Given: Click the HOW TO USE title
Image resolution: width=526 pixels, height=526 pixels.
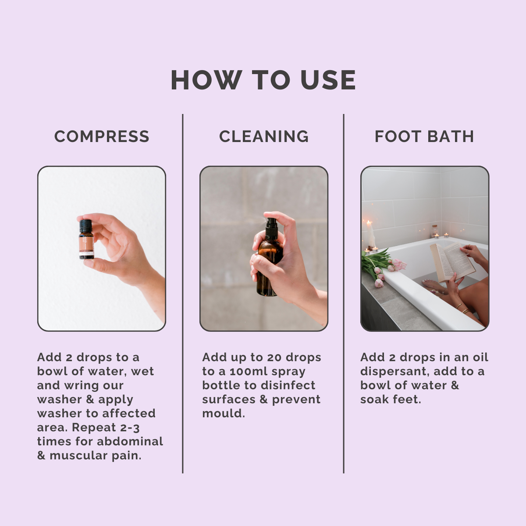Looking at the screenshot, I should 263,80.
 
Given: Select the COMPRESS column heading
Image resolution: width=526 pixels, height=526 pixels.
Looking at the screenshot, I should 102,136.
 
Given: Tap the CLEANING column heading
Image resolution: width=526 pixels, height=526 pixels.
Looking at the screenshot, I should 263,136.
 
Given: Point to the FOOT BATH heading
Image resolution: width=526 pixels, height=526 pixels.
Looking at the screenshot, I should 424,136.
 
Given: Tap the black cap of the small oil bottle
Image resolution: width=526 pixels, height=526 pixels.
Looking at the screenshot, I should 86,226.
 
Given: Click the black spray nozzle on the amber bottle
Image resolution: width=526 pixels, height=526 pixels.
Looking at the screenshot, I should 272,226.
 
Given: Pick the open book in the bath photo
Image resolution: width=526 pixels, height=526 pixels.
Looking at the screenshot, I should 451,262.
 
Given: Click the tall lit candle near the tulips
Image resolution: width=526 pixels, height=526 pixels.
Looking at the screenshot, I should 370,235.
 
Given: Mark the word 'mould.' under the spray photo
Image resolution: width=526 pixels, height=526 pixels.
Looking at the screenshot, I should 223,413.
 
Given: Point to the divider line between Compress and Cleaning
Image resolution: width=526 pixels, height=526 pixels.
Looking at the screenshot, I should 183,294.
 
